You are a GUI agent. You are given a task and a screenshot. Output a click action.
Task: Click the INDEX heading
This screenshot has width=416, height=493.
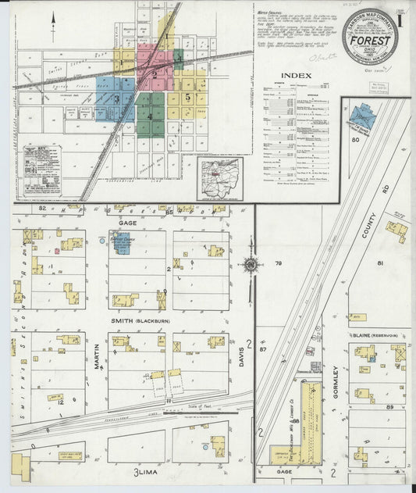pos(297,76)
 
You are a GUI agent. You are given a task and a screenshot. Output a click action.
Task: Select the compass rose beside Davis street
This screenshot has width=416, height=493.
pos(251,266)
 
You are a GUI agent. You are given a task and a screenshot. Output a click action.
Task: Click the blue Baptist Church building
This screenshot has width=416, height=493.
pos(121,242)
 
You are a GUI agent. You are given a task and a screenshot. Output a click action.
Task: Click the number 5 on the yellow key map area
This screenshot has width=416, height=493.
pos(187,97)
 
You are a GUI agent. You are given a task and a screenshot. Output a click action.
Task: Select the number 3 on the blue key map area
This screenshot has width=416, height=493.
pos(116,98)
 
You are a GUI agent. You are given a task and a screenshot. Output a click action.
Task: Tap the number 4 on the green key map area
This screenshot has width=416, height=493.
pos(150,116)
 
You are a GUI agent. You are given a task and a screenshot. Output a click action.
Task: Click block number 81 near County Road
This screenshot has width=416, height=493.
pos(380,263)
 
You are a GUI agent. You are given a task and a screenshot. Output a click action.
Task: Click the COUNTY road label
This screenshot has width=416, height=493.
pos(369,227)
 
